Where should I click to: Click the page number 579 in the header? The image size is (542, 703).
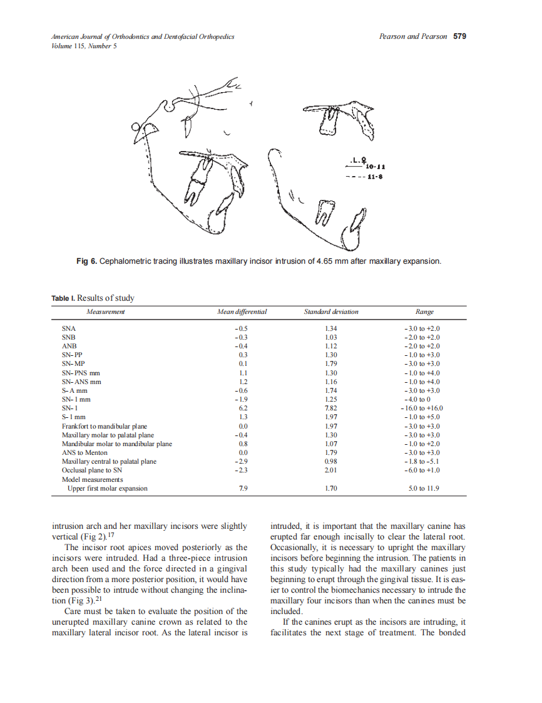coord(459,36)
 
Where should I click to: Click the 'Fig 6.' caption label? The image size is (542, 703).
coord(87,261)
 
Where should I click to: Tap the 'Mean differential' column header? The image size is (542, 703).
coord(242,312)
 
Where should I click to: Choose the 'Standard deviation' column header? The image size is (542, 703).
coord(331,312)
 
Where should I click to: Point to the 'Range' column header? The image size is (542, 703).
coord(424,312)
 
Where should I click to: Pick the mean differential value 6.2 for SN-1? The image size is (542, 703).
coord(243,408)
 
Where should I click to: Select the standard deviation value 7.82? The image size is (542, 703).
coord(332,408)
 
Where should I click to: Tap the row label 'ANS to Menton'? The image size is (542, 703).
coord(84,452)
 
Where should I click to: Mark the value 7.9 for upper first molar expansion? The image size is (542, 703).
coord(243,488)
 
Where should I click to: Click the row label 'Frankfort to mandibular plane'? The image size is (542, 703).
coord(105,426)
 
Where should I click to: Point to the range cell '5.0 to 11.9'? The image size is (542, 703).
coord(424,488)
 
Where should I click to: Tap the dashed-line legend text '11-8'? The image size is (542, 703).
coord(376,177)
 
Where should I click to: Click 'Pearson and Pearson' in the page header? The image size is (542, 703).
coord(413,36)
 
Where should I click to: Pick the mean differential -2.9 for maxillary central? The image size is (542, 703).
coord(242,461)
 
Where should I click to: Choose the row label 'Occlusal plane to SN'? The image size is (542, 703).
coord(92,470)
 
